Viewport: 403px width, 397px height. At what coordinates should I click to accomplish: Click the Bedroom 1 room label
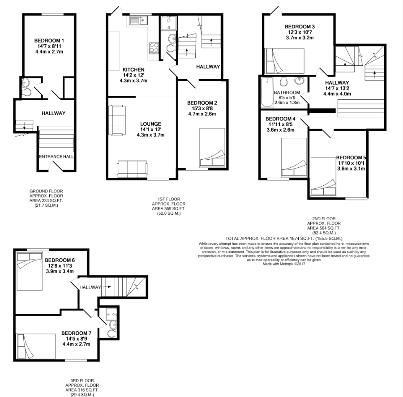point(49,41)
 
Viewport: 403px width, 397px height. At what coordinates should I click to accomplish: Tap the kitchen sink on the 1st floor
point(138,20)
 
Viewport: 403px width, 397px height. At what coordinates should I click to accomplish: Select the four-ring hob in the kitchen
point(154,48)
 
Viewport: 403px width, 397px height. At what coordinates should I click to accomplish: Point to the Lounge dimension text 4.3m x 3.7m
point(150,135)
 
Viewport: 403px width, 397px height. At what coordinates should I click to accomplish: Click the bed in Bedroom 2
point(212,147)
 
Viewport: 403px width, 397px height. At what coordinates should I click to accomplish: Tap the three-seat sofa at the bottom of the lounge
point(133,169)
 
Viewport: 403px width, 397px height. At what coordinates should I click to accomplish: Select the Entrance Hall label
point(56,157)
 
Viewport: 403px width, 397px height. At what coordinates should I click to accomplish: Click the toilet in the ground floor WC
point(26,92)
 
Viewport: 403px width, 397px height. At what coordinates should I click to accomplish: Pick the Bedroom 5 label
point(351,158)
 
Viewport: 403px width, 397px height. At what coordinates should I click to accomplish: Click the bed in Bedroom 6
point(30,272)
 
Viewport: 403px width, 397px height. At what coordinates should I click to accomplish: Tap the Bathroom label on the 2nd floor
point(287,93)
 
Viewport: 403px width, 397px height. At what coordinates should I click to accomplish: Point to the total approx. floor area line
point(284,239)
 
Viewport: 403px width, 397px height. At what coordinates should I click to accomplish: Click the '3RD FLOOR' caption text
point(82,380)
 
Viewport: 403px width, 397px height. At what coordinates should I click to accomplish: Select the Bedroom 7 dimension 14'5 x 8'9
point(76,339)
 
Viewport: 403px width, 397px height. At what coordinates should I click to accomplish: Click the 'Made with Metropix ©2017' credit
point(284,264)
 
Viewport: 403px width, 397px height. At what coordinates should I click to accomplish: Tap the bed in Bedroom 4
point(294,157)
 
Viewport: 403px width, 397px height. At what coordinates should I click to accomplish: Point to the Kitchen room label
point(133,70)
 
